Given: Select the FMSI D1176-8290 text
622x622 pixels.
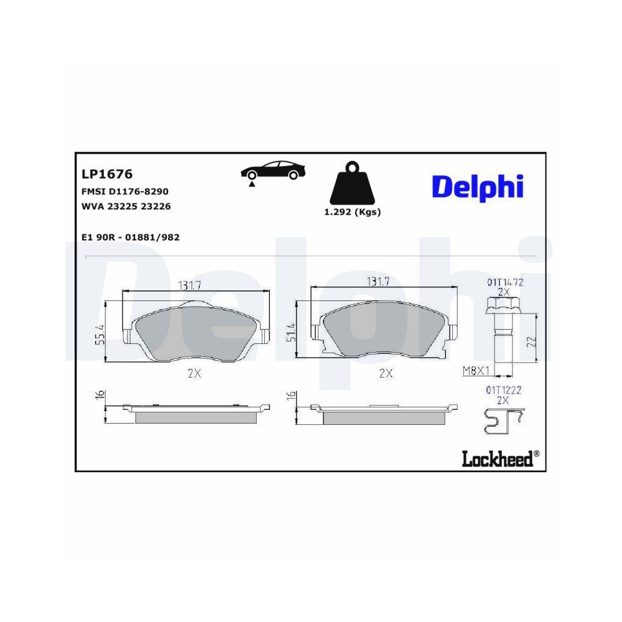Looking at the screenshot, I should tap(125, 191).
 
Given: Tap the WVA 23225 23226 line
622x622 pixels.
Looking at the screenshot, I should tap(126, 206).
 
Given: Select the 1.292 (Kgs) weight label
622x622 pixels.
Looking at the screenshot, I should tap(352, 211).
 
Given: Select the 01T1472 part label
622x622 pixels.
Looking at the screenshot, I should tap(504, 282).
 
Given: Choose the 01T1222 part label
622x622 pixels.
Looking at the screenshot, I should tap(503, 390).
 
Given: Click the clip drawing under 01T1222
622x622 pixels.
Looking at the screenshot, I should tap(503, 421).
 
